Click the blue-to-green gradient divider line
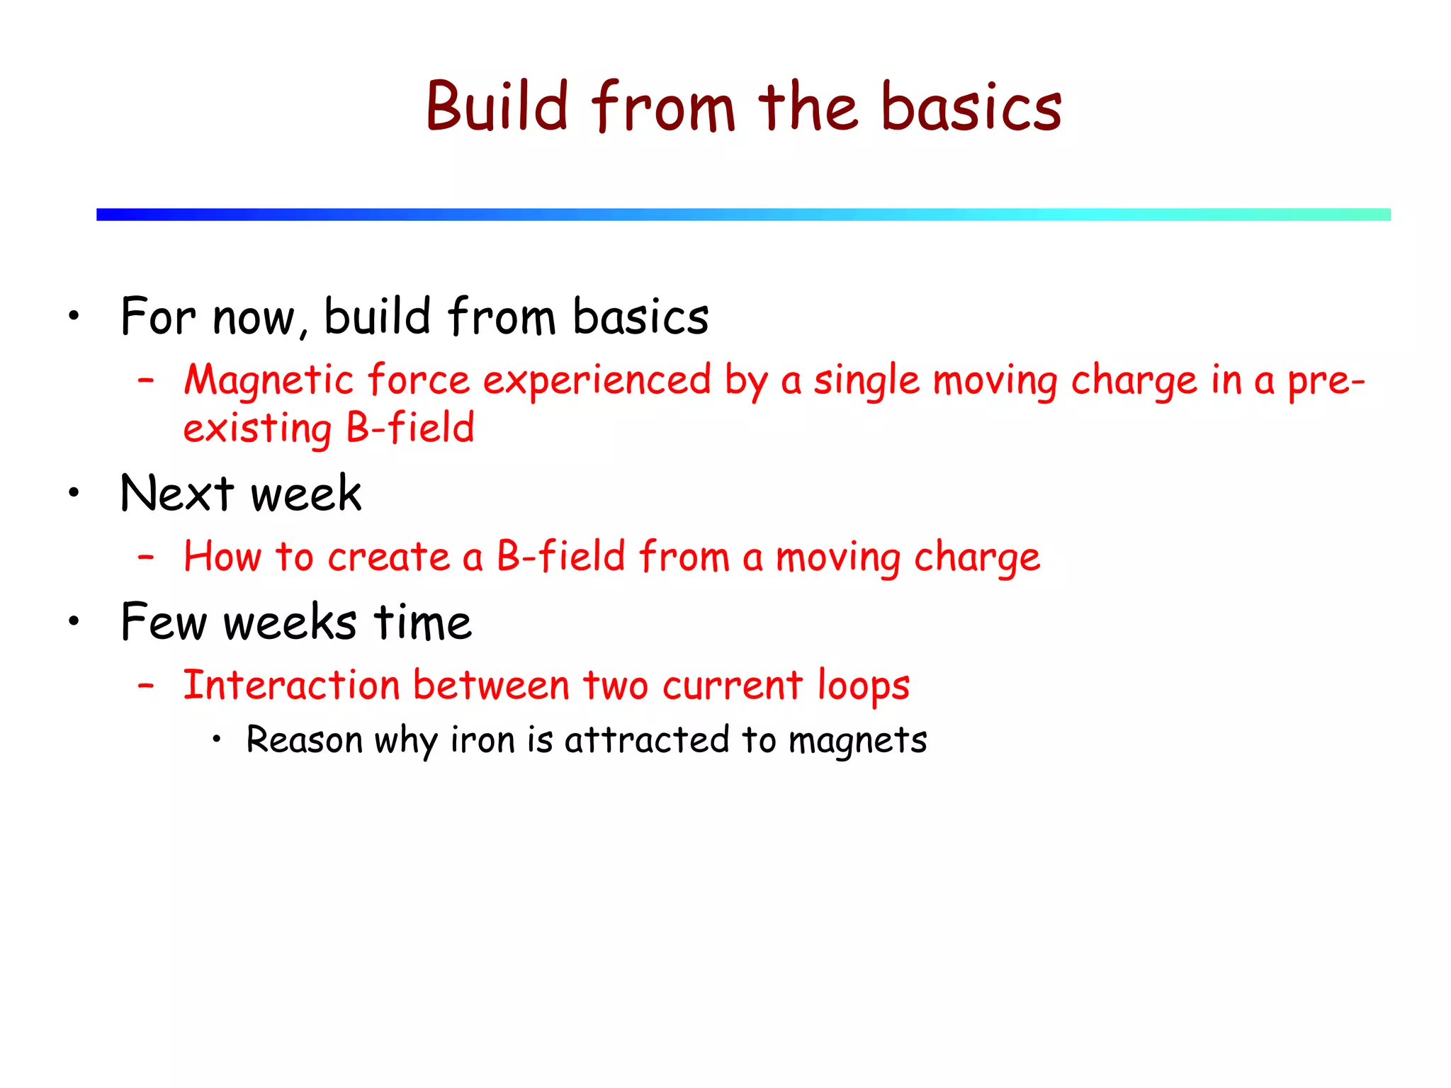tap(743, 214)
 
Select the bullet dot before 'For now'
tap(74, 316)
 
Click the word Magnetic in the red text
tap(269, 380)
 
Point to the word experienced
tap(597, 380)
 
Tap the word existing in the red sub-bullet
tap(256, 429)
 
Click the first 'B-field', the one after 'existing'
tap(410, 428)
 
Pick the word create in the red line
tap(388, 557)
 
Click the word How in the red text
tap(222, 556)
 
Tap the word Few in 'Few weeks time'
tap(164, 622)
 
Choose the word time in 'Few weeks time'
tap(422, 622)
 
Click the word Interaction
tap(291, 686)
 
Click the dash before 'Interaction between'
tap(146, 686)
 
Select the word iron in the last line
tap(482, 740)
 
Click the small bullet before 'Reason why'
tap(217, 739)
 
